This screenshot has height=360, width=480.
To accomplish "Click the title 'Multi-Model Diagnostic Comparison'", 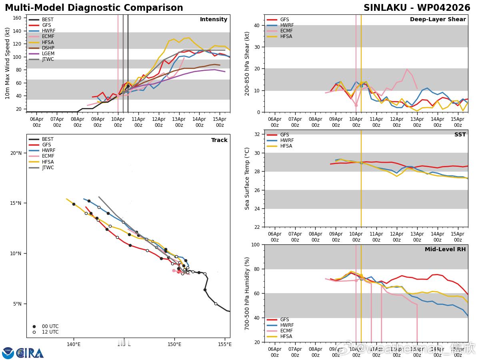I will click(94, 8).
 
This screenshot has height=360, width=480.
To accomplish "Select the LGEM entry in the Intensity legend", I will click(48, 54).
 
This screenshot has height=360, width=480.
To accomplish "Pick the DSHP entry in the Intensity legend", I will click(48, 48).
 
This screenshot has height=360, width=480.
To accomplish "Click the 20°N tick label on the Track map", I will click(16, 153).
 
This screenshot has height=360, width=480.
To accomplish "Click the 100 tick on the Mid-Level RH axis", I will click(256, 244).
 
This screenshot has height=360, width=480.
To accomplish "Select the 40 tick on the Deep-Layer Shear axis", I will click(257, 26).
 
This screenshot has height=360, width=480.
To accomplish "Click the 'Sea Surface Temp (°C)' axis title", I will click(247, 178).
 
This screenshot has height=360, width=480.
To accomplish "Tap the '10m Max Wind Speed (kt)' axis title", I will click(8, 63).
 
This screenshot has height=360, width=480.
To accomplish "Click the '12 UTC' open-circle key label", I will click(50, 332).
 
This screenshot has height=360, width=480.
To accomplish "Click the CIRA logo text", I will click(30, 353).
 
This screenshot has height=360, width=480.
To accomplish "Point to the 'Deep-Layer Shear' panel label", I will click(438, 20).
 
